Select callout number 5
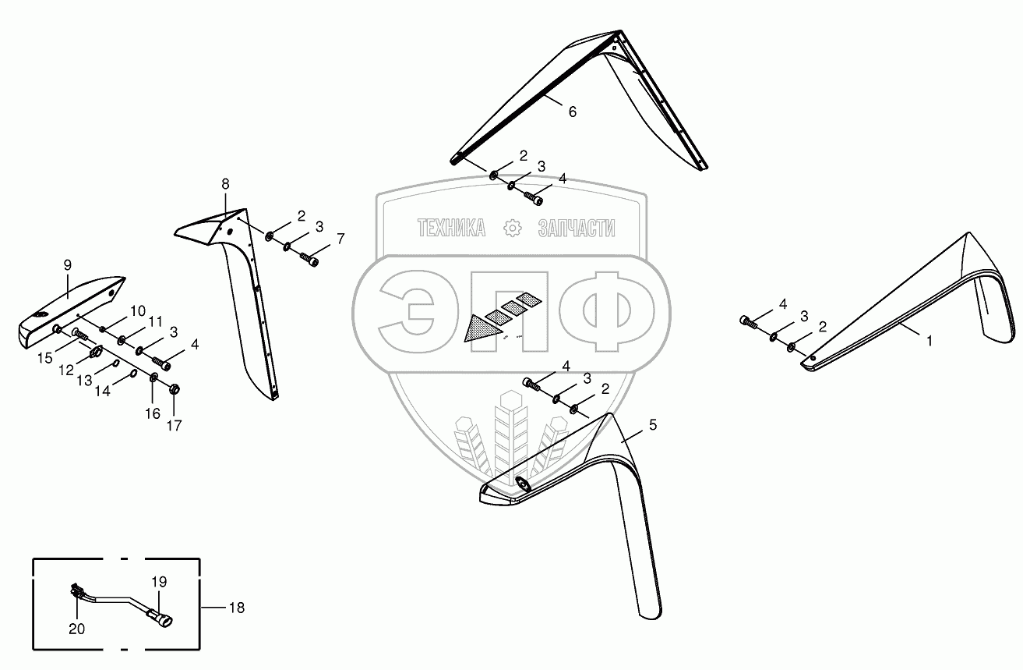(x=652, y=425)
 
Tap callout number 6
(x=572, y=112)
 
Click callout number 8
(x=225, y=184)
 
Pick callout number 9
(x=67, y=265)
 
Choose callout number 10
(x=137, y=310)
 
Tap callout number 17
(x=174, y=426)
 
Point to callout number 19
(x=159, y=582)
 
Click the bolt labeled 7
(x=309, y=261)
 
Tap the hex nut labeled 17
(x=174, y=388)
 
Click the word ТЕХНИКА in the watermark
(x=451, y=228)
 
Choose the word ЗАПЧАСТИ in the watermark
(x=576, y=228)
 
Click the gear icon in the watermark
(x=513, y=228)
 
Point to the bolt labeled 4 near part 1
(x=749, y=320)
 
